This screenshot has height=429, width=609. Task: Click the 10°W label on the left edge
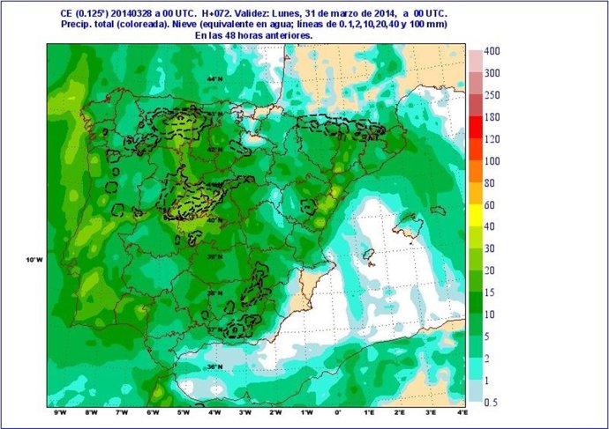pos(34,260)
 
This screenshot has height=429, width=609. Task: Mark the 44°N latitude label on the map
pos(212,80)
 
